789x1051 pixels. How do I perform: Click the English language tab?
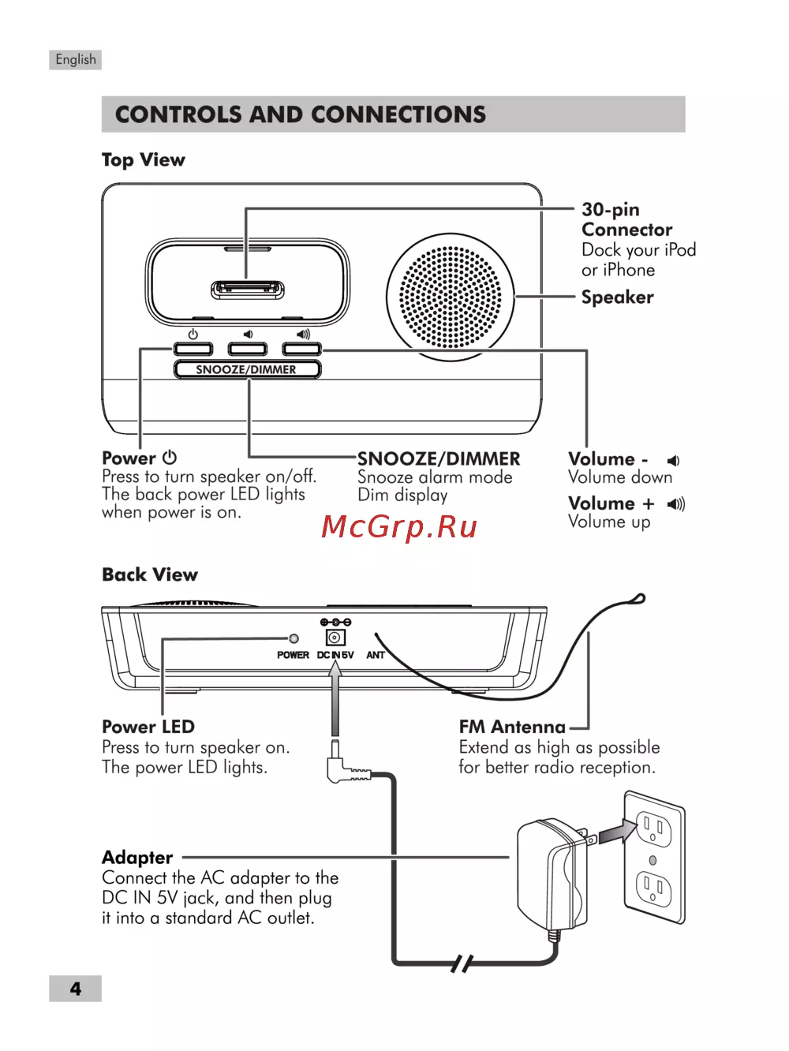click(x=76, y=60)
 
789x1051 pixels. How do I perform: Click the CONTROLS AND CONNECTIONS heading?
click(x=301, y=114)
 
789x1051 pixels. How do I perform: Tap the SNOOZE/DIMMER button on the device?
click(x=247, y=369)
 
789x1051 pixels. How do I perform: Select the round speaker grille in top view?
click(x=450, y=297)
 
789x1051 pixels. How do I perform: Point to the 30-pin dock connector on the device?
click(x=248, y=290)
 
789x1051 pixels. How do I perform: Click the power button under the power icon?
click(x=193, y=349)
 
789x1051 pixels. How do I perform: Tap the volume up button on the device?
click(x=302, y=349)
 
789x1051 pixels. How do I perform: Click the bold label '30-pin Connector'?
click(x=626, y=219)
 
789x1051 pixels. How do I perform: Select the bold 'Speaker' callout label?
click(x=617, y=297)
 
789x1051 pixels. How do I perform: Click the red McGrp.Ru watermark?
click(x=399, y=526)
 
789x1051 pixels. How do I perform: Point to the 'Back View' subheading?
click(x=150, y=574)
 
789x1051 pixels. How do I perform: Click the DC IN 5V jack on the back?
click(x=335, y=638)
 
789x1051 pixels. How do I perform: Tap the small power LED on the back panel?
click(x=294, y=638)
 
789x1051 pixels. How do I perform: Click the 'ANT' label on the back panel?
click(x=376, y=655)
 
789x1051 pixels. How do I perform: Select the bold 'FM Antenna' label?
click(x=512, y=727)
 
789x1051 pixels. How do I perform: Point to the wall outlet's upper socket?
click(x=654, y=829)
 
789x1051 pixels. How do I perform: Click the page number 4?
click(x=76, y=989)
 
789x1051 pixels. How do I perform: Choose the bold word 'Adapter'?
click(x=137, y=858)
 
